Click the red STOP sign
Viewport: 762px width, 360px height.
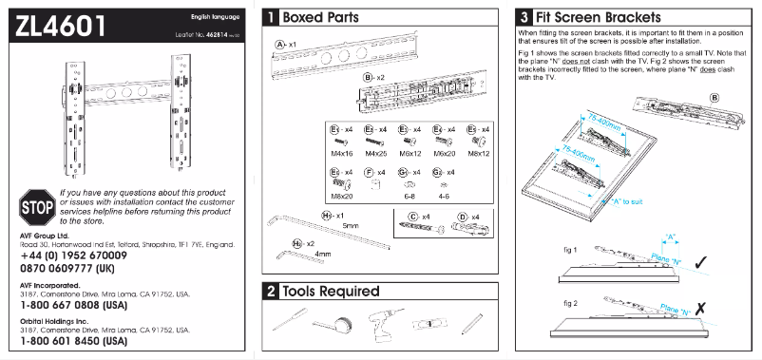[x=35, y=205]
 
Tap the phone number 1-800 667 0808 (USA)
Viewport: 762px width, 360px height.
[x=73, y=306]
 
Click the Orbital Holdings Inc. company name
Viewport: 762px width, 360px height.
[x=57, y=319]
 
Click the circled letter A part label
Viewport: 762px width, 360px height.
[x=281, y=45]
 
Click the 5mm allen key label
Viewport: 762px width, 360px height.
[x=351, y=225]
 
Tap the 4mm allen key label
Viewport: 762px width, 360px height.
[x=323, y=255]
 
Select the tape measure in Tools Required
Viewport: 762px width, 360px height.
[x=335, y=326]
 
